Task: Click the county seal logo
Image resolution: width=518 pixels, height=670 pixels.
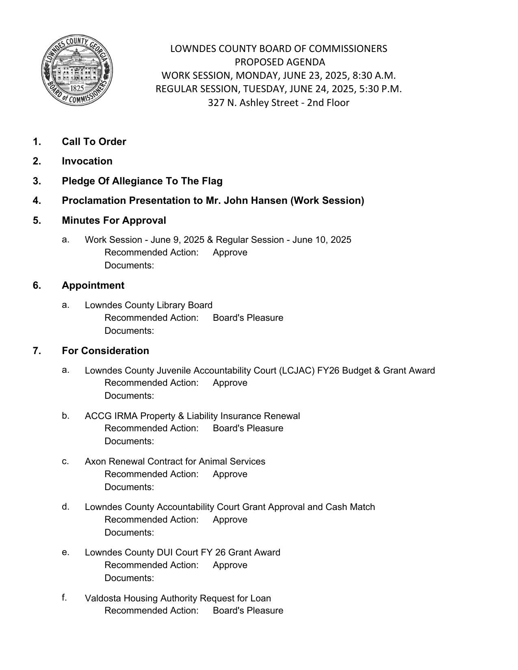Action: (77, 70)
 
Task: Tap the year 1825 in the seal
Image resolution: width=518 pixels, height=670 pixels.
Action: (77, 88)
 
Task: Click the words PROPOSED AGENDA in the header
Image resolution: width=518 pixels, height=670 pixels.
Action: (280, 62)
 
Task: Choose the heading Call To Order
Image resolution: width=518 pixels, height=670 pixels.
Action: (94, 142)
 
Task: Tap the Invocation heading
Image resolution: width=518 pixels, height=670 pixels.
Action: (87, 161)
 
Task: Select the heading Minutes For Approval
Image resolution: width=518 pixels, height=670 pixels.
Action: (114, 220)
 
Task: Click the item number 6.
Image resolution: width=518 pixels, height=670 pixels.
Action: (37, 285)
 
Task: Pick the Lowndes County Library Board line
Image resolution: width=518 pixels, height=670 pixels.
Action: (148, 305)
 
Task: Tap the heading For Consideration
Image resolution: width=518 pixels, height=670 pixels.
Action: (105, 351)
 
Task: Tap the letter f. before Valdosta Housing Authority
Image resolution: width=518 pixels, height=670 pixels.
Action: (64, 598)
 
